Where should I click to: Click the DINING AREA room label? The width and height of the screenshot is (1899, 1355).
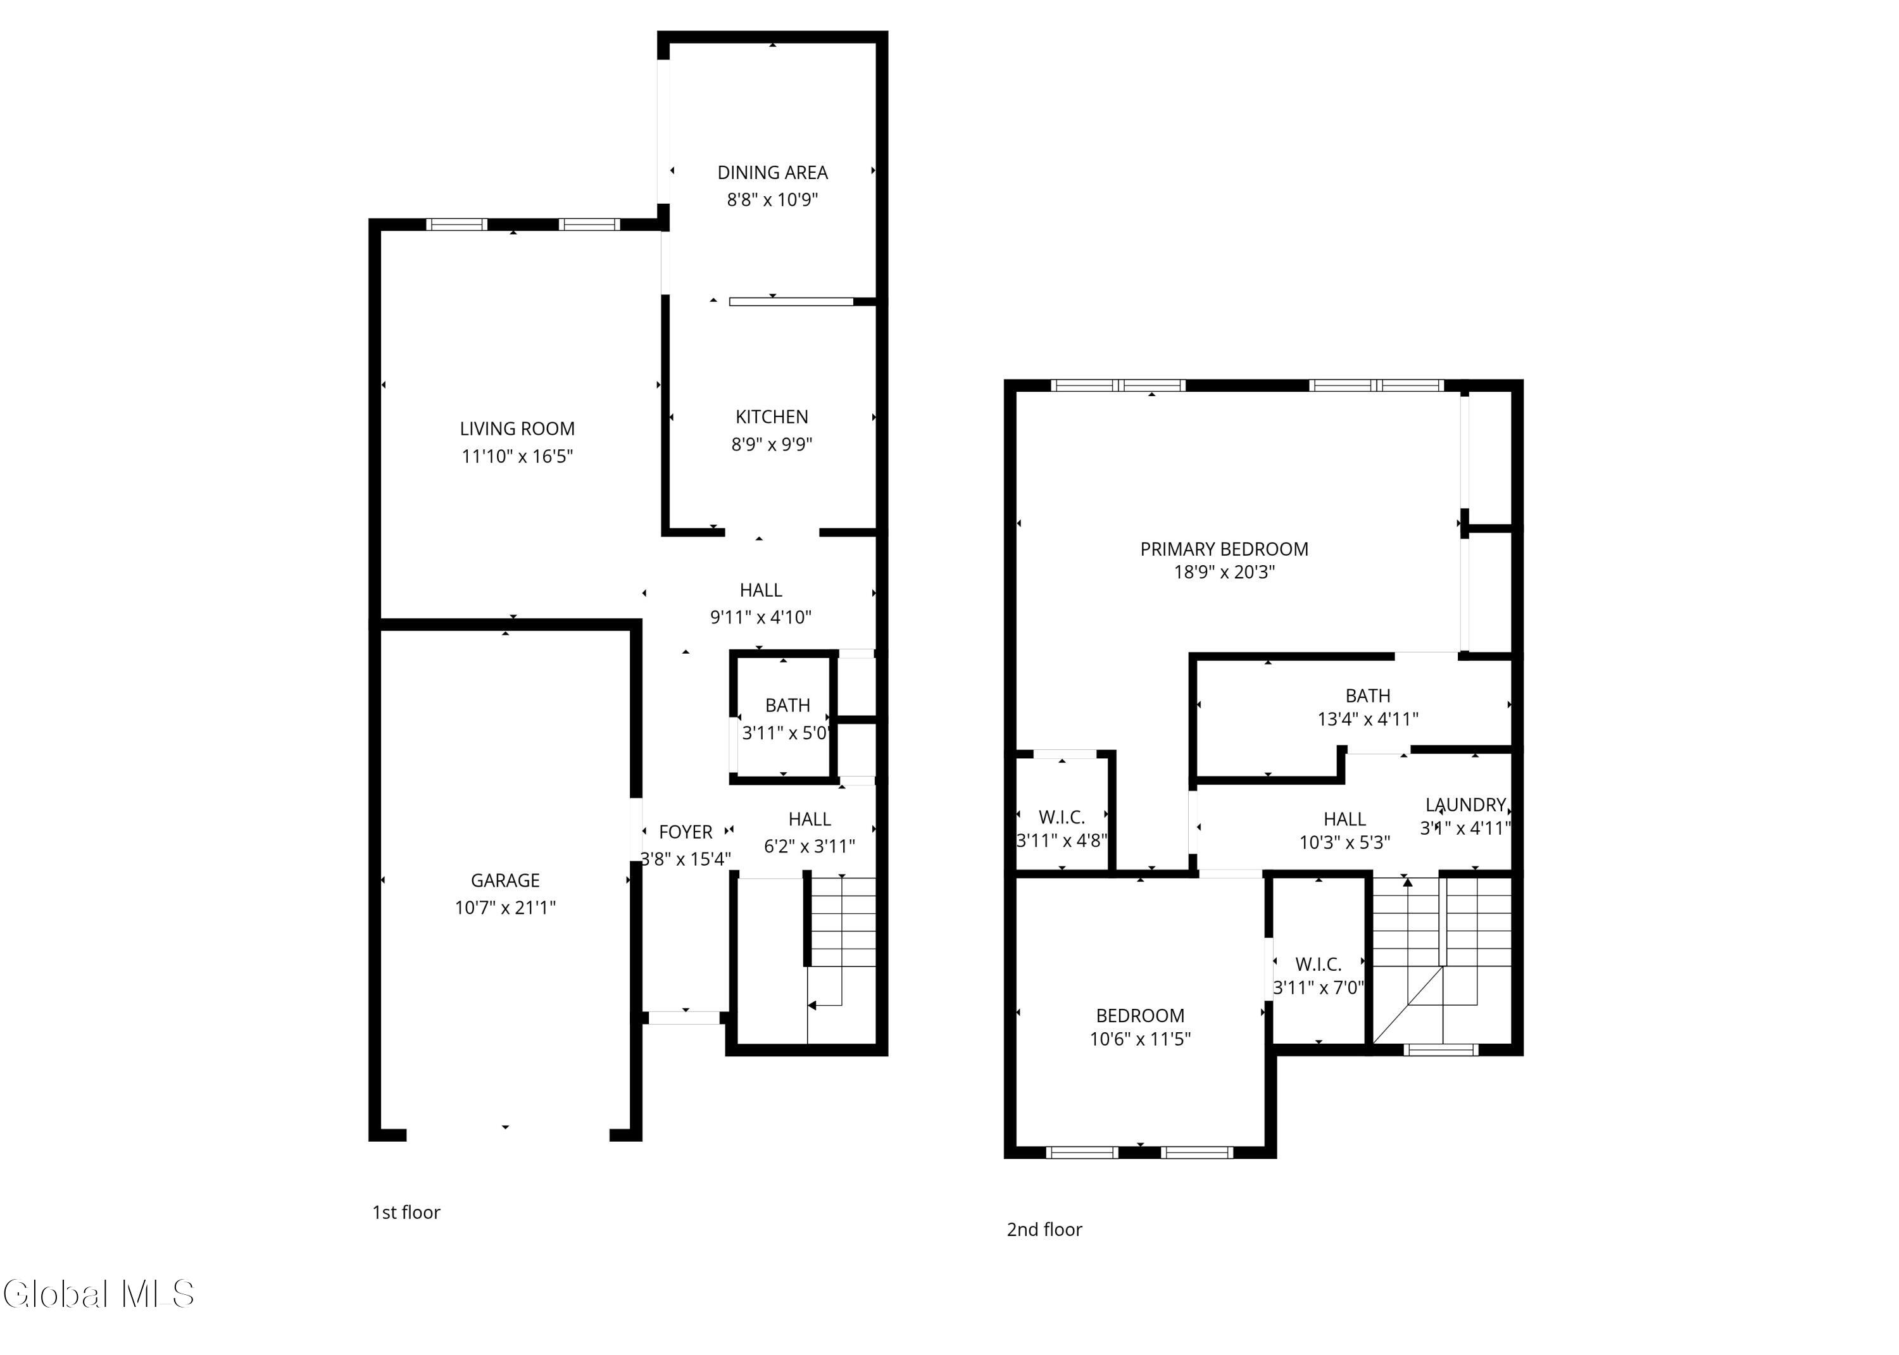click(x=773, y=173)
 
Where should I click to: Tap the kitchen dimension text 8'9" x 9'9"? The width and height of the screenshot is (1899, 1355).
click(x=772, y=444)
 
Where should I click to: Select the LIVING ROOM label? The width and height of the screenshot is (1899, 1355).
click(x=517, y=429)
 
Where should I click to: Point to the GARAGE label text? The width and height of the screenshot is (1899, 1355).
click(x=506, y=880)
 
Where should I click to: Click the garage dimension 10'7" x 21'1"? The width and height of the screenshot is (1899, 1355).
click(x=506, y=908)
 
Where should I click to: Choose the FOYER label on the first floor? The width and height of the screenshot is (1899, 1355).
click(x=686, y=832)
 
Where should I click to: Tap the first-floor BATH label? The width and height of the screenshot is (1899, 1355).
click(x=787, y=705)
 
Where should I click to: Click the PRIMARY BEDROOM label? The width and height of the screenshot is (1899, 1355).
click(x=1224, y=549)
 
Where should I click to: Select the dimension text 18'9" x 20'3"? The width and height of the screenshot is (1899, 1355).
click(x=1224, y=571)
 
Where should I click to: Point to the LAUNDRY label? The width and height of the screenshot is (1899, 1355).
click(x=1466, y=804)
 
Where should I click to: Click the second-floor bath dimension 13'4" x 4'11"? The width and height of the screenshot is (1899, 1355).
click(x=1369, y=718)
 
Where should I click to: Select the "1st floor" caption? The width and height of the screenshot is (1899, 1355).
click(x=406, y=1213)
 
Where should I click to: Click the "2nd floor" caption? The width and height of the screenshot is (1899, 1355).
click(x=1044, y=1229)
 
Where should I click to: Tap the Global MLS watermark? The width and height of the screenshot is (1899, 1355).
click(x=99, y=1294)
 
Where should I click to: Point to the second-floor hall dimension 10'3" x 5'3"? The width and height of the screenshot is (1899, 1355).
click(x=1345, y=843)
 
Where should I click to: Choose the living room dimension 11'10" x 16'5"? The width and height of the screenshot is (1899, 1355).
click(x=517, y=456)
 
